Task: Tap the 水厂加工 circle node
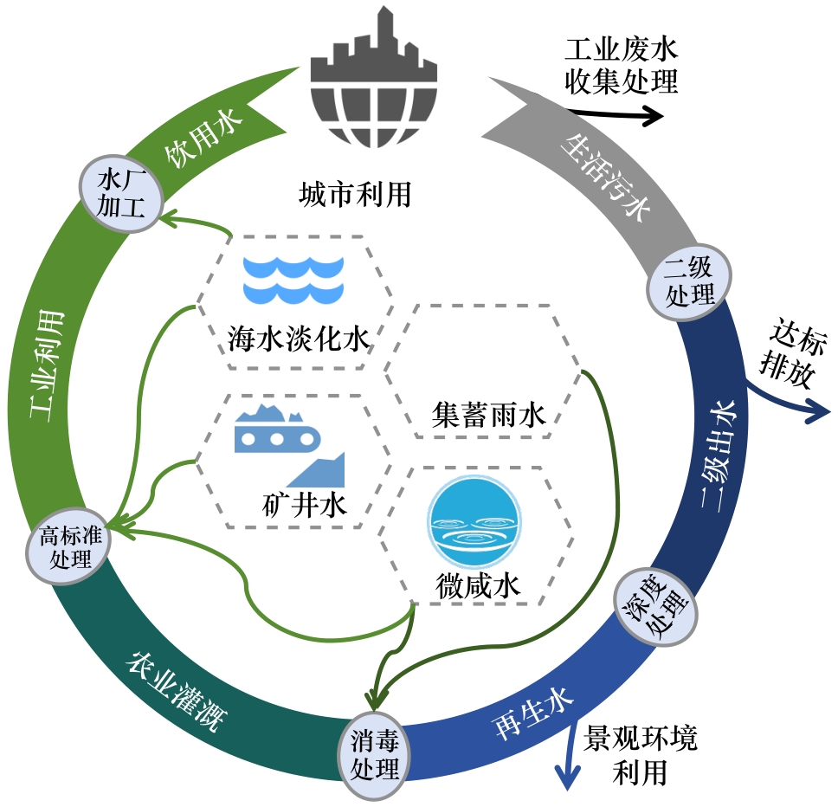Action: [119, 193]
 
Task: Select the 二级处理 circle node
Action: [689, 281]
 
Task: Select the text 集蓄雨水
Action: [488, 417]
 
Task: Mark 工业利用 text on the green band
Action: [48, 363]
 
